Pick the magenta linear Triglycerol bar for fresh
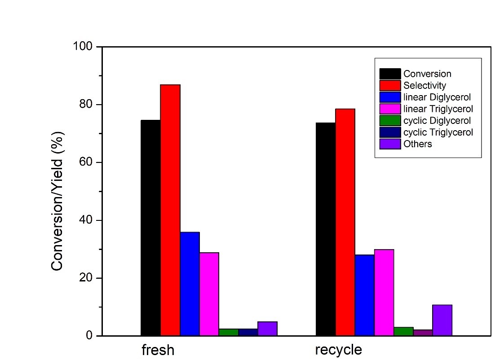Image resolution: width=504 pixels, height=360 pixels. (x=209, y=294)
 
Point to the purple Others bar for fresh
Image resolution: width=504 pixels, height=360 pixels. (x=268, y=329)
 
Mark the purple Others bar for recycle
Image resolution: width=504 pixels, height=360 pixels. (x=442, y=320)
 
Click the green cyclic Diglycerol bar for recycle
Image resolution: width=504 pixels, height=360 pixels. (x=403, y=331)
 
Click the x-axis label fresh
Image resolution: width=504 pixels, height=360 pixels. (x=158, y=350)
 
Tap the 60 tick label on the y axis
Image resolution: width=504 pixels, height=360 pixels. (x=86, y=162)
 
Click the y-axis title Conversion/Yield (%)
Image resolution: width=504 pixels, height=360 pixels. (x=57, y=201)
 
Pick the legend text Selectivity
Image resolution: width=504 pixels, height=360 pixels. (x=424, y=85)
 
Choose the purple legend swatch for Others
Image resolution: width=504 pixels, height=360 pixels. (x=390, y=144)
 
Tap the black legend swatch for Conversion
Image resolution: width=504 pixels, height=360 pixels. (x=390, y=74)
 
